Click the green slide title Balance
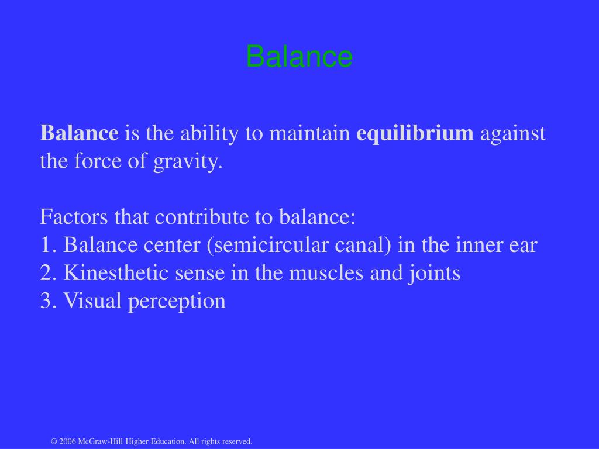tap(299, 57)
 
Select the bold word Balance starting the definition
tap(79, 133)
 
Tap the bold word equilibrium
tap(415, 133)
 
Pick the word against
tap(512, 133)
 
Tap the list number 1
tap(47, 246)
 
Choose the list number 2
tap(47, 274)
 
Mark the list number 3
tap(47, 302)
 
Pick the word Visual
tap(89, 302)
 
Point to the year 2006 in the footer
tap(68, 441)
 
